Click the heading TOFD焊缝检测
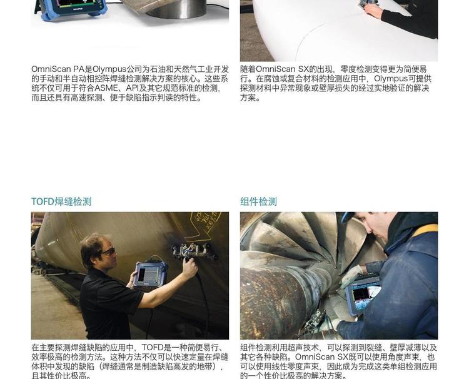pyautogui.click(x=61, y=201)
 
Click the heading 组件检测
pyautogui.click(x=258, y=201)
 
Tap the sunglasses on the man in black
pyautogui.click(x=109, y=251)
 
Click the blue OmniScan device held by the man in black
pyautogui.click(x=150, y=273)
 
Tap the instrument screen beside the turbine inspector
pyautogui.click(x=366, y=295)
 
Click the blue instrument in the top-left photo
pyautogui.click(x=71, y=8)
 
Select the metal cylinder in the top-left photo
pyautogui.click(x=176, y=9)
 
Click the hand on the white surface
pyautogui.click(x=373, y=11)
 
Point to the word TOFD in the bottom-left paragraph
pyautogui.click(x=152, y=348)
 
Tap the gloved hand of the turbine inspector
pyautogui.click(x=351, y=276)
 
